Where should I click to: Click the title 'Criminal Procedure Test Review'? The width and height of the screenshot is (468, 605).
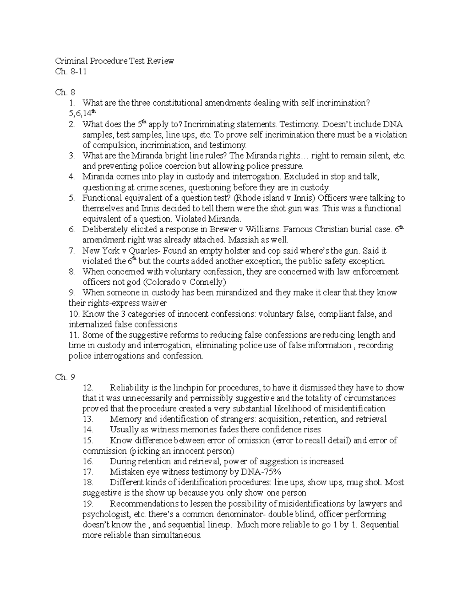[114, 61]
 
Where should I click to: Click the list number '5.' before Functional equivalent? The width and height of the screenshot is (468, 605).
[71, 198]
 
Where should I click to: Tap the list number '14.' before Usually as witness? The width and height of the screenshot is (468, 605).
[88, 430]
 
